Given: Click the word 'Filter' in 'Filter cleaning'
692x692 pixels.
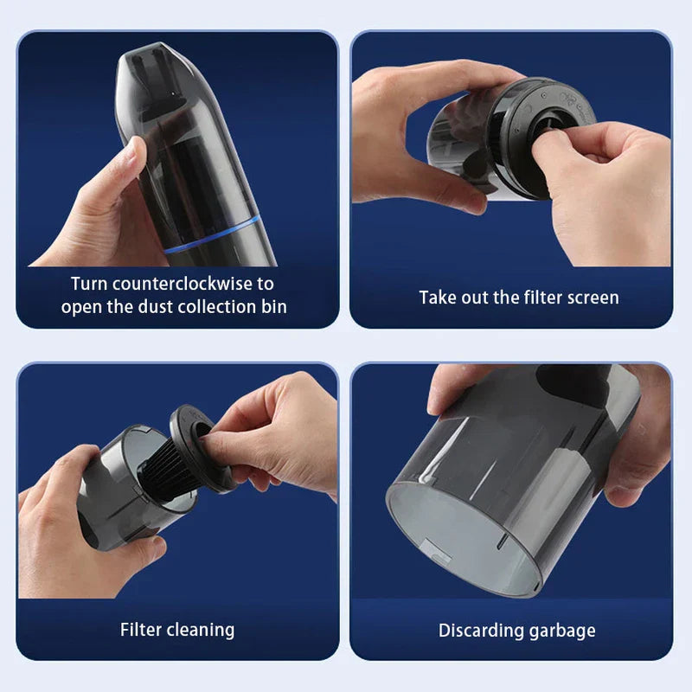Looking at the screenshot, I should pyautogui.click(x=140, y=629).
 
